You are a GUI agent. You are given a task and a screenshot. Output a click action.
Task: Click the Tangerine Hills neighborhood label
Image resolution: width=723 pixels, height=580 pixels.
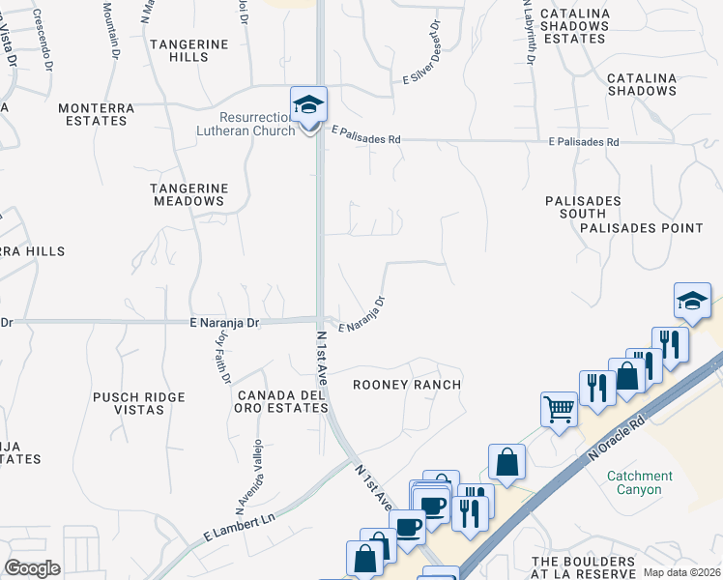(190, 50)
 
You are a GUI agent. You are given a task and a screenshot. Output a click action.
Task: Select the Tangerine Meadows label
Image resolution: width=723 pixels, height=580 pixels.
(188, 194)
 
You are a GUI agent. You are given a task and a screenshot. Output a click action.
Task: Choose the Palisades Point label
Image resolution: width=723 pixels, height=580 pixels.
(642, 228)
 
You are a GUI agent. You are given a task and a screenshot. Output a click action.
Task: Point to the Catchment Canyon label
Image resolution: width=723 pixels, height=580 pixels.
(640, 482)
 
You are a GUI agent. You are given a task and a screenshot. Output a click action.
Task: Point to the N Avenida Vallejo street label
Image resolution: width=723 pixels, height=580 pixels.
(247, 477)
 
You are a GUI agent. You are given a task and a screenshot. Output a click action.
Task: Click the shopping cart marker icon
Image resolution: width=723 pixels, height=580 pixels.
(559, 409)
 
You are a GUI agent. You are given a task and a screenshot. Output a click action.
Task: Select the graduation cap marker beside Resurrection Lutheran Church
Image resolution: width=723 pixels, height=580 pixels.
(309, 105)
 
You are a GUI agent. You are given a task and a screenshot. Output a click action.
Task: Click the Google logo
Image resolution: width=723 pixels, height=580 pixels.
(33, 568)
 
